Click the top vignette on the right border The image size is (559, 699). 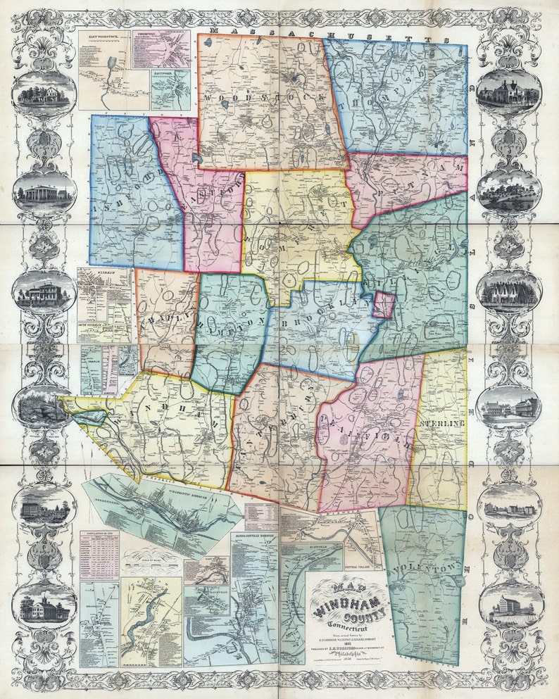[509, 91]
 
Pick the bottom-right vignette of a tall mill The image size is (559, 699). [511, 606]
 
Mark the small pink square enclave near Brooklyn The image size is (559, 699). [383, 306]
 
